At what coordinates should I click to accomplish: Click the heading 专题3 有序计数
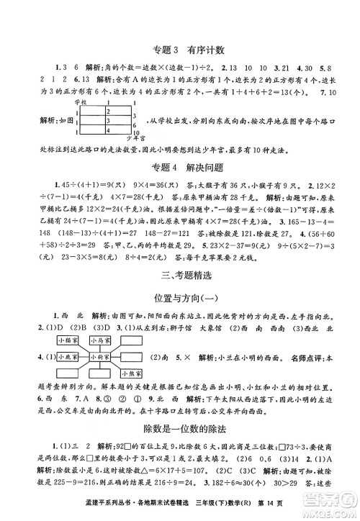(x=180, y=50)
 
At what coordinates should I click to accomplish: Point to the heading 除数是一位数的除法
(x=180, y=428)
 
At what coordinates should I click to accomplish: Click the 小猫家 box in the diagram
(x=68, y=339)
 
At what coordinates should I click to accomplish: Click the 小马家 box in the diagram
(x=102, y=339)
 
